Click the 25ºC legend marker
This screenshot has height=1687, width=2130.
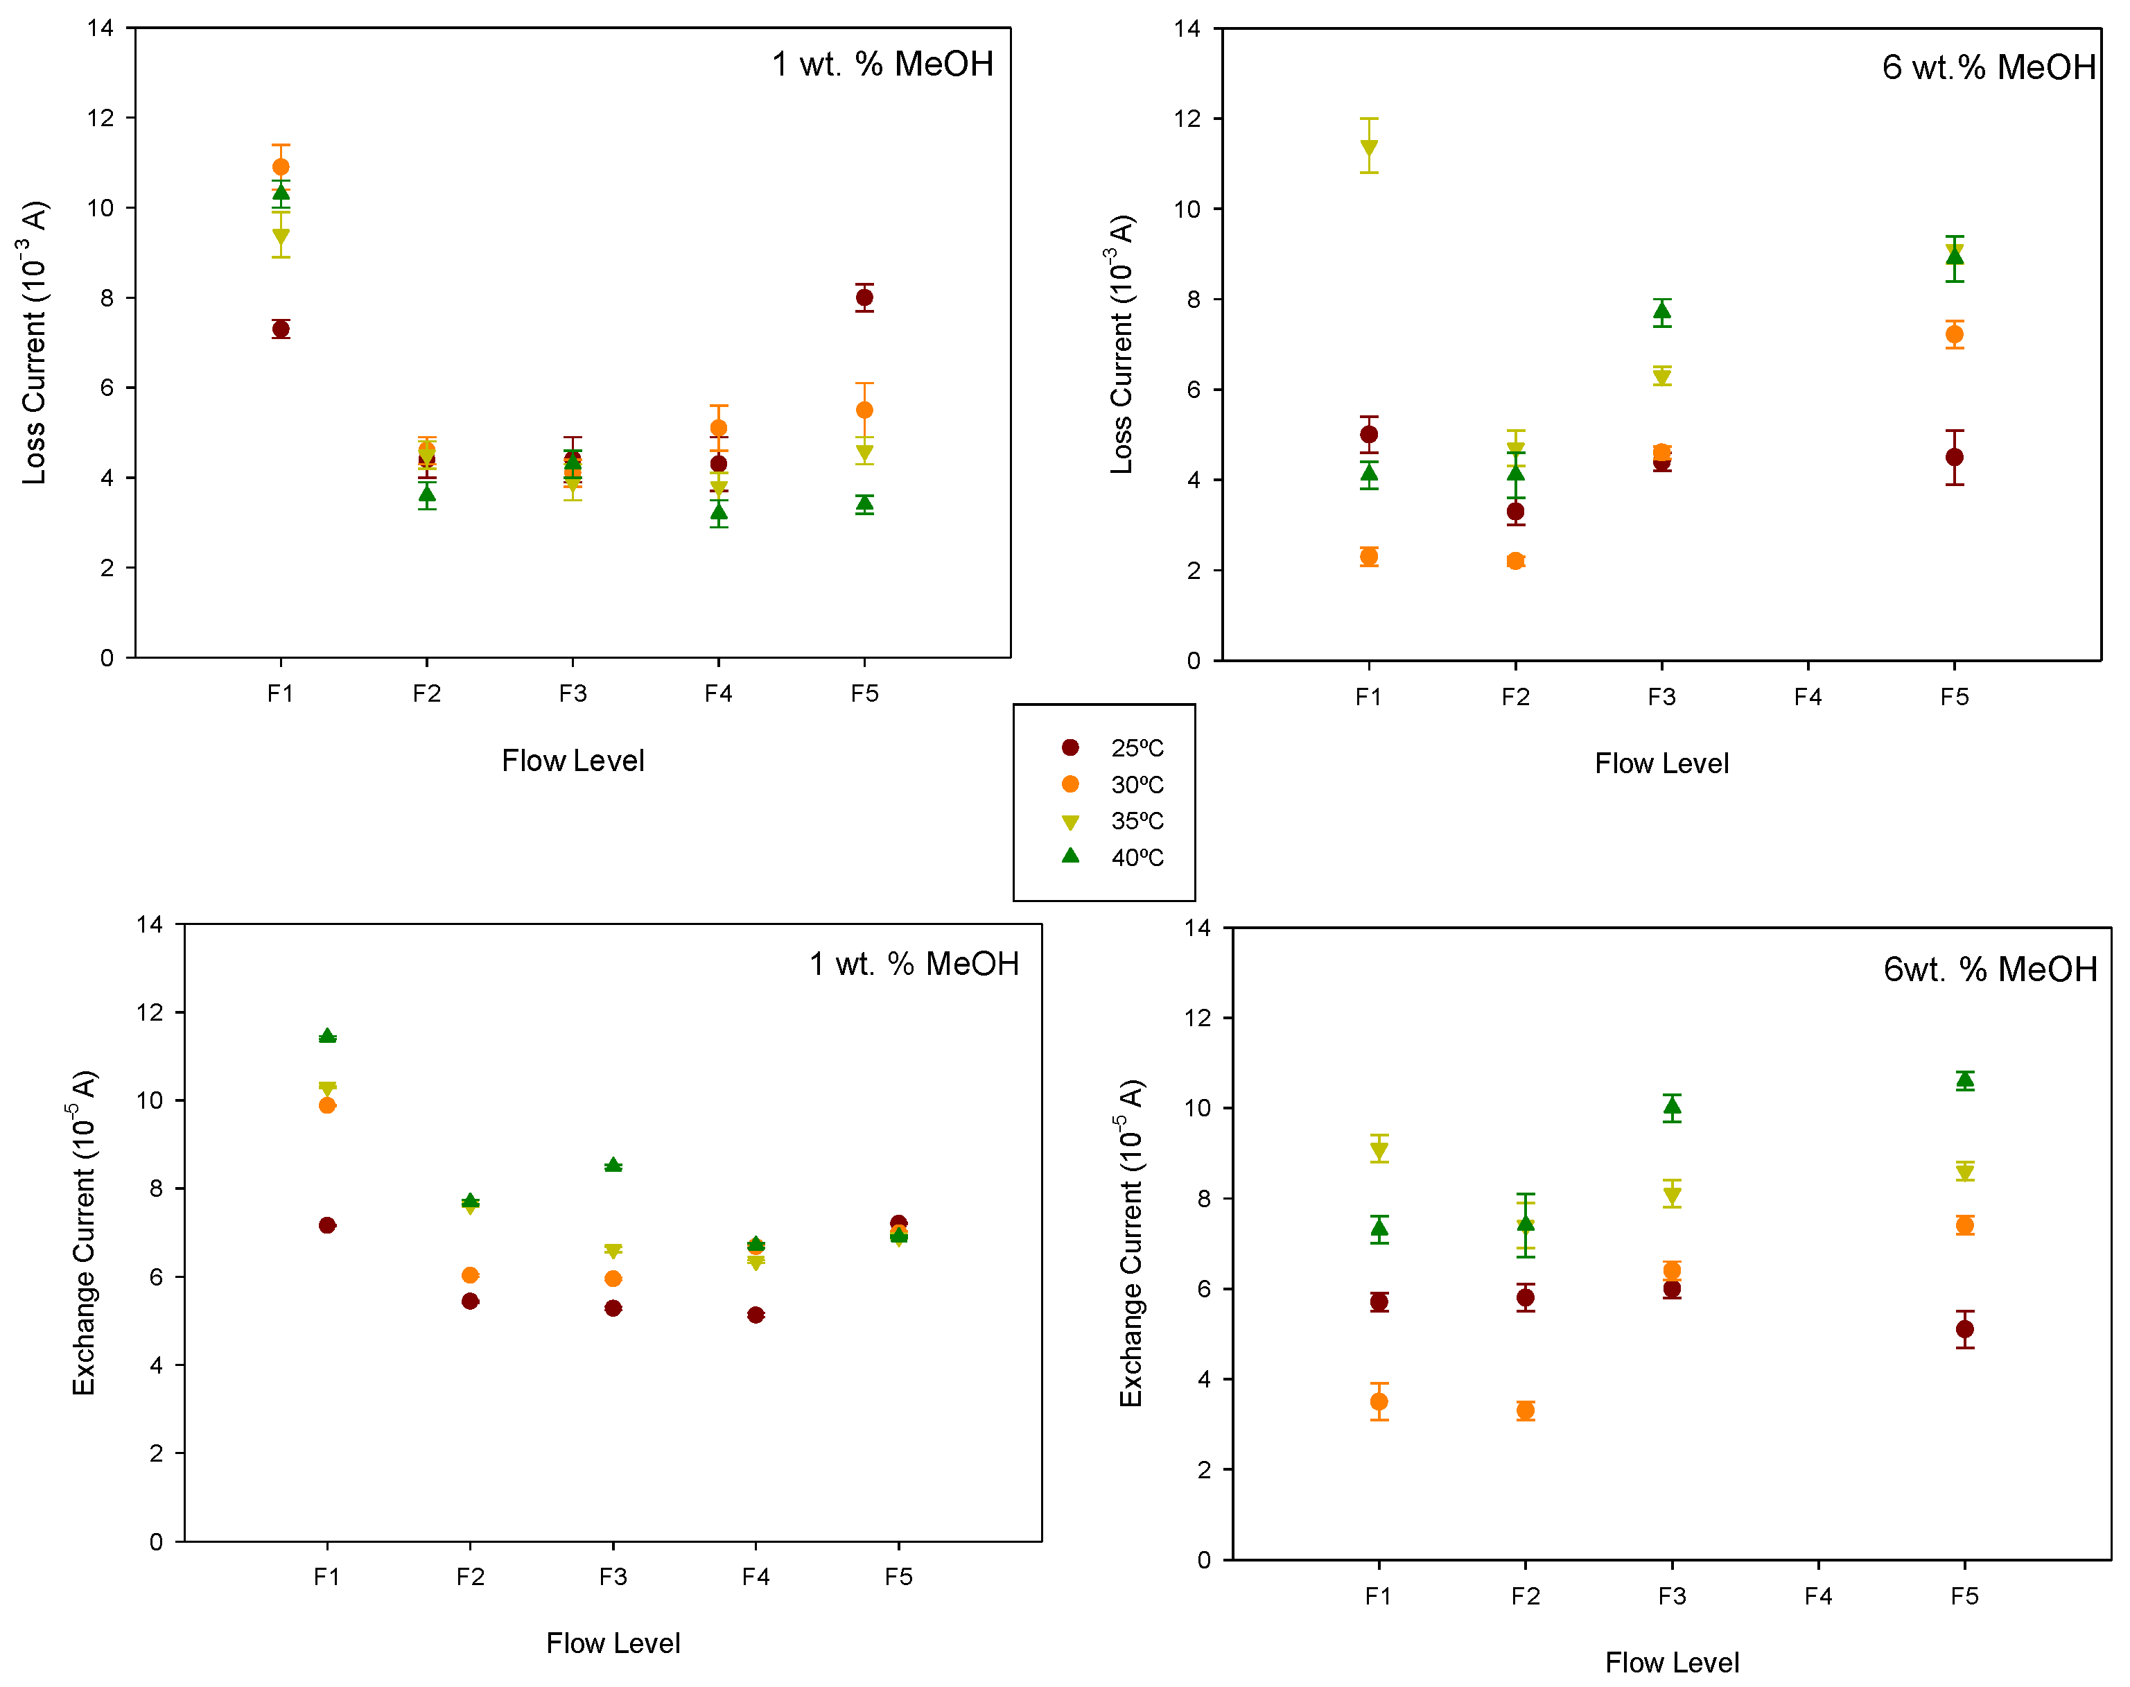pyautogui.click(x=1070, y=747)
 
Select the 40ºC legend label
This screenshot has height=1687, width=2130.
pyautogui.click(x=1137, y=857)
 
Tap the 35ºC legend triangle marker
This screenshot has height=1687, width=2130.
pyautogui.click(x=1070, y=822)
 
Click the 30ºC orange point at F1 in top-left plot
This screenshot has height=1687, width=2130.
pyautogui.click(x=281, y=167)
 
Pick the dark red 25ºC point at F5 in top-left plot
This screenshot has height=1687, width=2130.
pyautogui.click(x=864, y=297)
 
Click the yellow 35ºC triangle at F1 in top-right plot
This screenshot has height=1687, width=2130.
pyautogui.click(x=1369, y=148)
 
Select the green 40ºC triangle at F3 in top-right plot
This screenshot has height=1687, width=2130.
pyautogui.click(x=1662, y=312)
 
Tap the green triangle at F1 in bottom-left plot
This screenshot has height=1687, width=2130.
pyautogui.click(x=327, y=1036)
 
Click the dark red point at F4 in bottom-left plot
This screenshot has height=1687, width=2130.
pyautogui.click(x=756, y=1315)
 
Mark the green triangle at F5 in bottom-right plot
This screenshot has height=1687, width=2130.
pyautogui.click(x=1965, y=1080)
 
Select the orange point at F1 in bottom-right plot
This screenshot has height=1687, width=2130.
pyautogui.click(x=1379, y=1401)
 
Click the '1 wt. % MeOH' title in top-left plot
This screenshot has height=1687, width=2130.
pyautogui.click(x=882, y=64)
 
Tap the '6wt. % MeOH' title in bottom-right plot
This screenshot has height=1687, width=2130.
pyautogui.click(x=1990, y=969)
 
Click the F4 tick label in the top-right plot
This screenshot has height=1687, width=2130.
pyautogui.click(x=1808, y=698)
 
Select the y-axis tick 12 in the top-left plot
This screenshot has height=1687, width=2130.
pyautogui.click(x=101, y=119)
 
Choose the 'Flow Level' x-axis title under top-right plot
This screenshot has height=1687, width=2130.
pyautogui.click(x=1662, y=763)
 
